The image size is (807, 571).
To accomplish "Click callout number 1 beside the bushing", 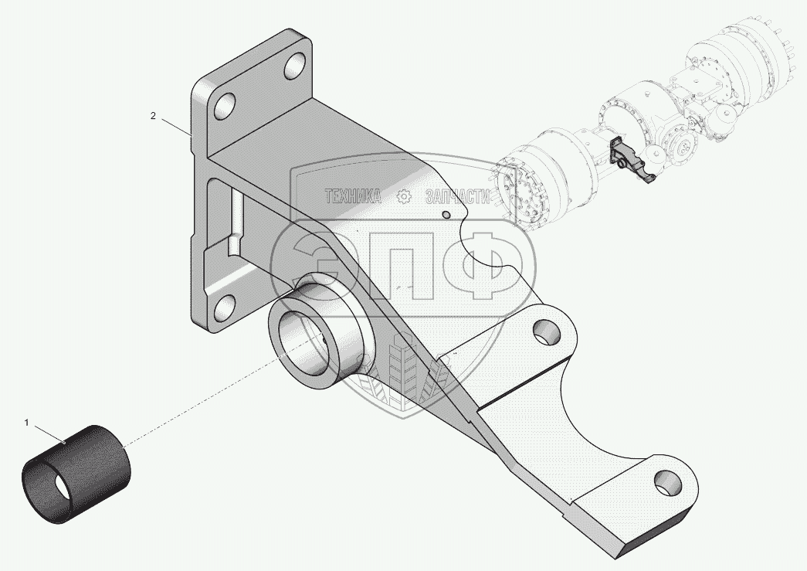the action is click(27, 423).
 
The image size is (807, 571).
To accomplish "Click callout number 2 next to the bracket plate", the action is click(153, 116).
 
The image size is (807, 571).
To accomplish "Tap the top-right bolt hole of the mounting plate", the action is click(294, 66).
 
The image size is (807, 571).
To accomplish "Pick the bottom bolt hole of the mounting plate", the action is click(223, 308).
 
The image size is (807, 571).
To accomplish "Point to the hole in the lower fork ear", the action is click(665, 484).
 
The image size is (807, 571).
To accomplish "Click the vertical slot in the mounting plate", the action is click(236, 220).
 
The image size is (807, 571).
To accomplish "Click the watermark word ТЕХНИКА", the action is click(354, 197).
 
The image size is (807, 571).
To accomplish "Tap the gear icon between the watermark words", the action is click(403, 197).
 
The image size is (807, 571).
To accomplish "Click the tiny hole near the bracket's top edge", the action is click(446, 214).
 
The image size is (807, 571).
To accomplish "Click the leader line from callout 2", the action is click(175, 126).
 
